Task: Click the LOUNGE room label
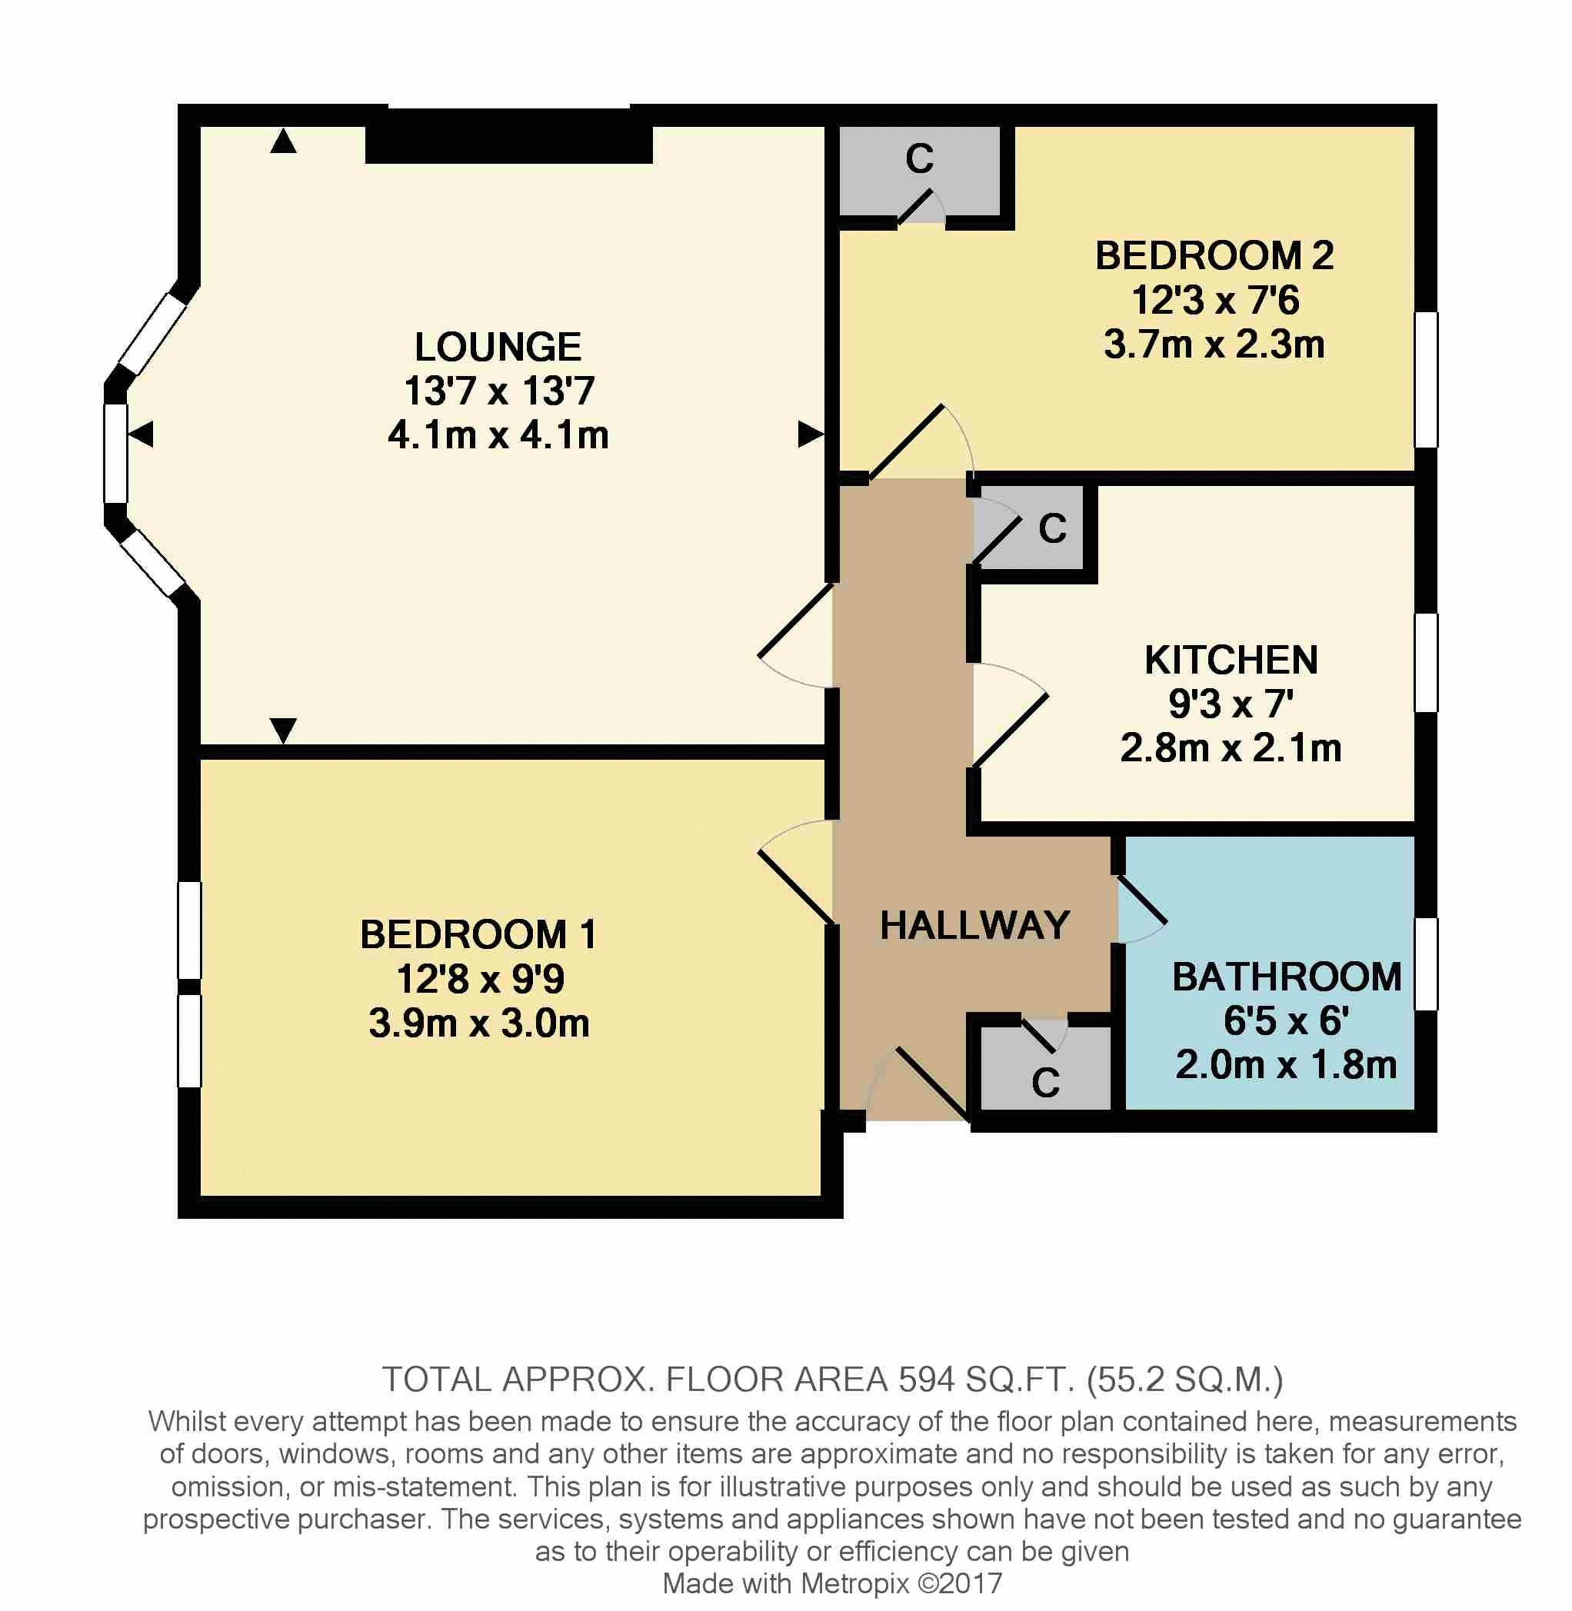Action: pyautogui.click(x=498, y=347)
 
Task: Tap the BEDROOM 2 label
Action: pyautogui.click(x=1214, y=256)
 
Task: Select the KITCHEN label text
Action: pyautogui.click(x=1231, y=661)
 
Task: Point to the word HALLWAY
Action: pyautogui.click(x=975, y=925)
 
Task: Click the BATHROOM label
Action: pyautogui.click(x=1287, y=977)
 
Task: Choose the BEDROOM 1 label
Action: pyautogui.click(x=478, y=934)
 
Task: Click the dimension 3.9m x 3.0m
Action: pyautogui.click(x=479, y=1024)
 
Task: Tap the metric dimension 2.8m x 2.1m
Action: pyautogui.click(x=1231, y=747)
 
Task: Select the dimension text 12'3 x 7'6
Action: pyautogui.click(x=1215, y=300)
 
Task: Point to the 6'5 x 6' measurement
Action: pyautogui.click(x=1287, y=1021)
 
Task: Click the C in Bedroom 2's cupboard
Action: pyautogui.click(x=919, y=159)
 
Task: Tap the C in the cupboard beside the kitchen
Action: pyautogui.click(x=1053, y=529)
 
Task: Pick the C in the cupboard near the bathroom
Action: pyautogui.click(x=1045, y=1083)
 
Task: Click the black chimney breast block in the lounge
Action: pyautogui.click(x=509, y=145)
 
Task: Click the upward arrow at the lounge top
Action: pyautogui.click(x=283, y=141)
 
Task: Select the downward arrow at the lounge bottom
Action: pyautogui.click(x=283, y=731)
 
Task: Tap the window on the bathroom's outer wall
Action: pyautogui.click(x=1427, y=964)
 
